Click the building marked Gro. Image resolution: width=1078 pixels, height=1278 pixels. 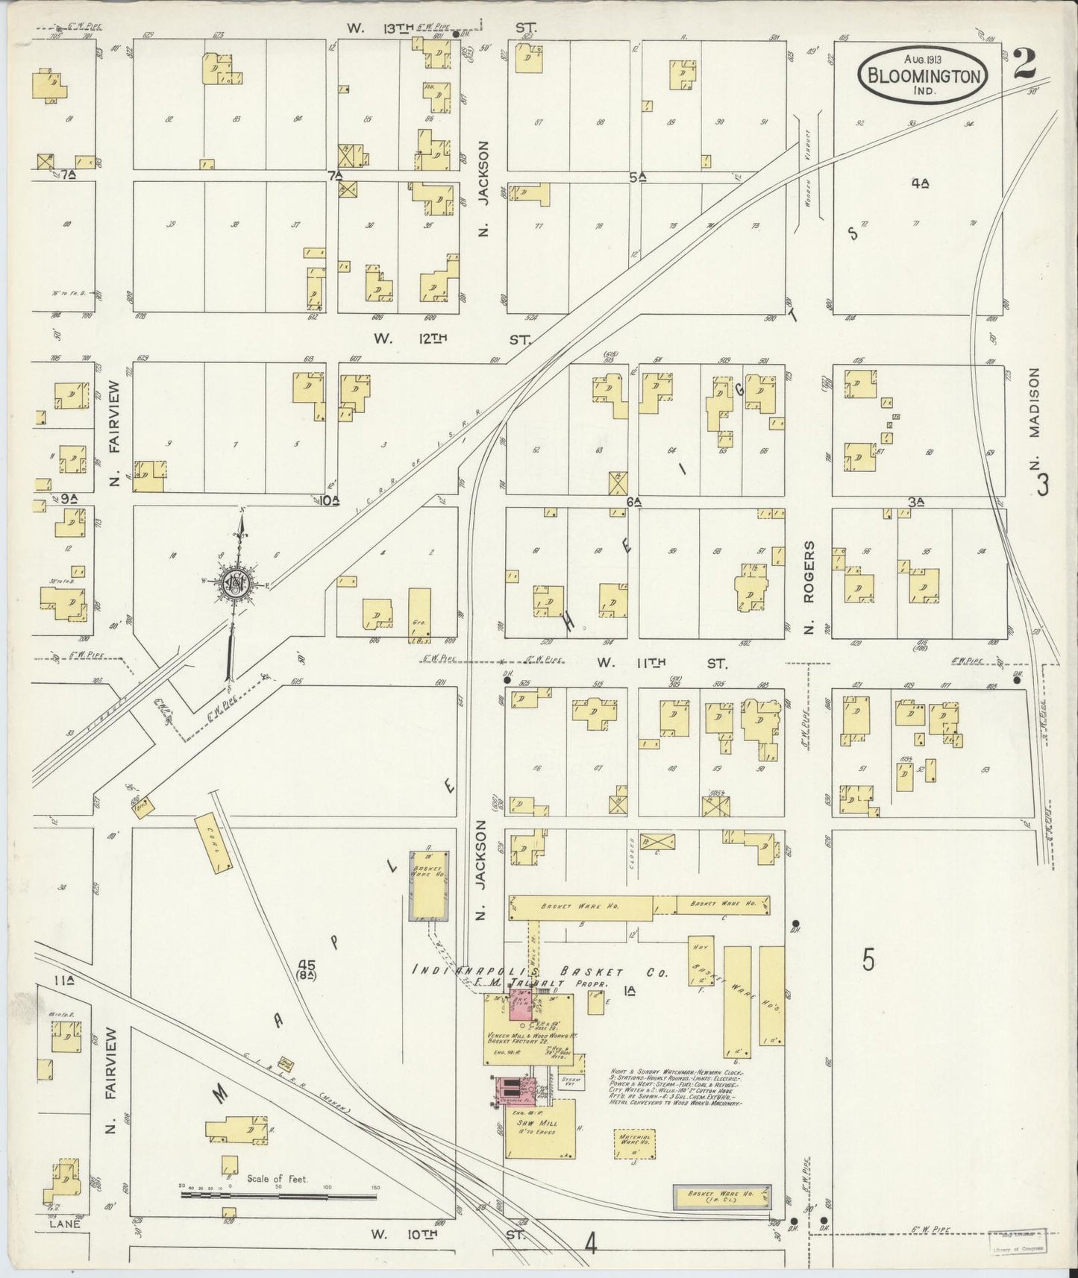click(x=420, y=614)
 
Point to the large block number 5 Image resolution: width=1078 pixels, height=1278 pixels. click(x=868, y=960)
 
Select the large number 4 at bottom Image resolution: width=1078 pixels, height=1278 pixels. click(x=592, y=1244)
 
